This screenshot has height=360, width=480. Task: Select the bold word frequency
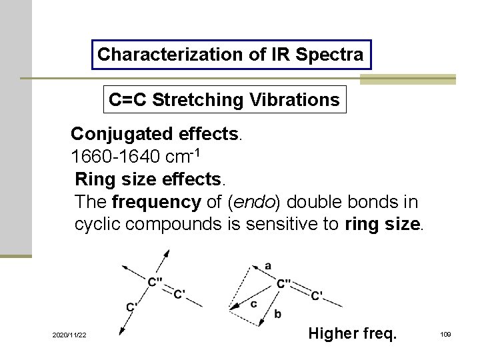[x=157, y=202]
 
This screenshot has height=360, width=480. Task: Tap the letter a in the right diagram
[x=268, y=265]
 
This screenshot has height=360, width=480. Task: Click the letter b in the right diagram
[x=277, y=313]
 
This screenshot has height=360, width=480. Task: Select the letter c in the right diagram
[x=254, y=304]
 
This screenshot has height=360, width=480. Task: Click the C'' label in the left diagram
[x=157, y=282]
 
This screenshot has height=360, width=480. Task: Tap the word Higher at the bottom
[x=331, y=333]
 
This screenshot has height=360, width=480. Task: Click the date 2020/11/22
[x=69, y=334]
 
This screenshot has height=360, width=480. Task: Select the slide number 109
[x=445, y=334]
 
